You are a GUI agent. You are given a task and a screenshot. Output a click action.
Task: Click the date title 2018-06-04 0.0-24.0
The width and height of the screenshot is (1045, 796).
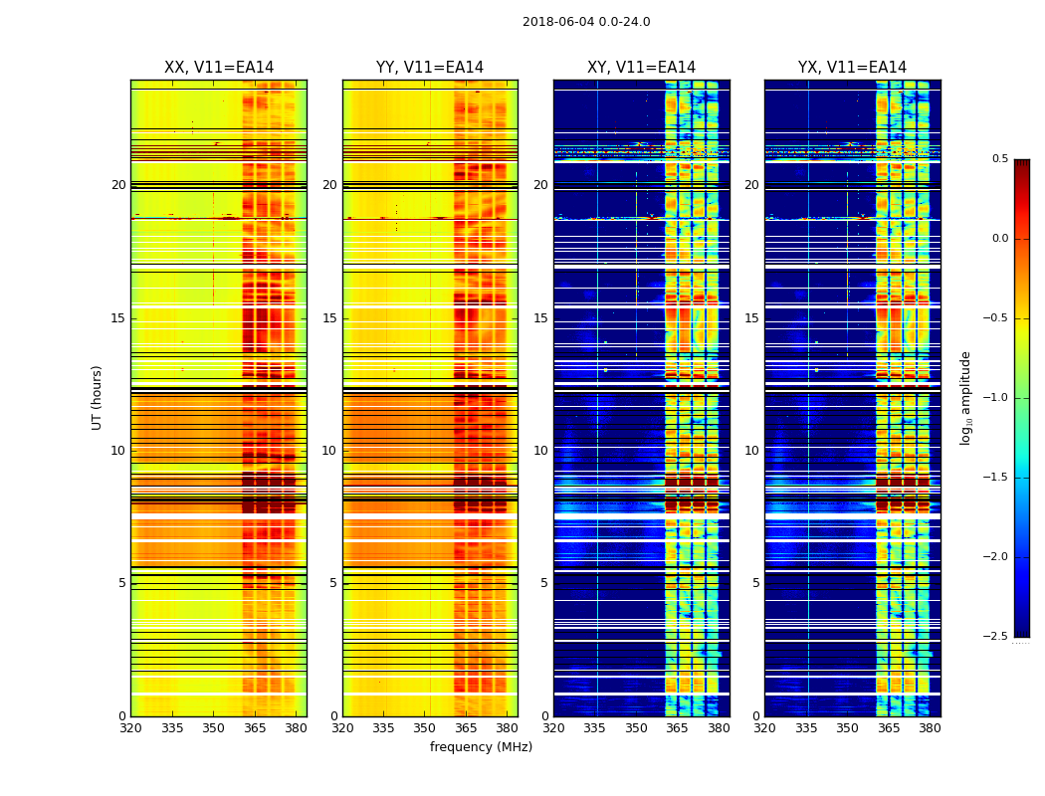586,22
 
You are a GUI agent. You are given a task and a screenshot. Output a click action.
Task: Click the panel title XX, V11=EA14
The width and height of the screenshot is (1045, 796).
219,68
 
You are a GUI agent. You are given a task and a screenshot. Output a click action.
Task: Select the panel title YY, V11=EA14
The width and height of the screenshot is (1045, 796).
430,68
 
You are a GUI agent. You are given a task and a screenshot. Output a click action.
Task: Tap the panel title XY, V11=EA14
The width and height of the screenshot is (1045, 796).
641,68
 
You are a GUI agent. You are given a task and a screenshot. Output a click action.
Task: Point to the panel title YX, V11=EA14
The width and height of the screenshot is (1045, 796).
852,68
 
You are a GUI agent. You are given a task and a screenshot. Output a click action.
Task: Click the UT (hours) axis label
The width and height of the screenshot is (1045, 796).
98,397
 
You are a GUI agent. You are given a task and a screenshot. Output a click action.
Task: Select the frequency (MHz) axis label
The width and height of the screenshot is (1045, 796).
481,747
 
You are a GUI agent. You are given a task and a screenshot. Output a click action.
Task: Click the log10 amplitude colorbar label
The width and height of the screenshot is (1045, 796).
965,397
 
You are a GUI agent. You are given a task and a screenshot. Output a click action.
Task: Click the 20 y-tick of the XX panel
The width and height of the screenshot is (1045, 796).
118,185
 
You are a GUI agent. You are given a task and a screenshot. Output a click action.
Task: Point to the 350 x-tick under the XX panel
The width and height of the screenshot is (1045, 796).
213,727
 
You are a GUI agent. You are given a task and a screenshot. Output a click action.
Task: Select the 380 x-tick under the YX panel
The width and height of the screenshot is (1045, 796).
930,727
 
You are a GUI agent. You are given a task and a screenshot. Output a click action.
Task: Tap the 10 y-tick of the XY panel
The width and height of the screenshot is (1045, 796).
541,451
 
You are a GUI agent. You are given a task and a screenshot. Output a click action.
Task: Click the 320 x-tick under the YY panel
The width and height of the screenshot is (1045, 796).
342,727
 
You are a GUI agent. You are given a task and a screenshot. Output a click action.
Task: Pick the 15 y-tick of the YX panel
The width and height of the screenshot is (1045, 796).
752,318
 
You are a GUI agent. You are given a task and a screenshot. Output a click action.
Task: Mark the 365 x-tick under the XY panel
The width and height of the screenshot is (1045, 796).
677,727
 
